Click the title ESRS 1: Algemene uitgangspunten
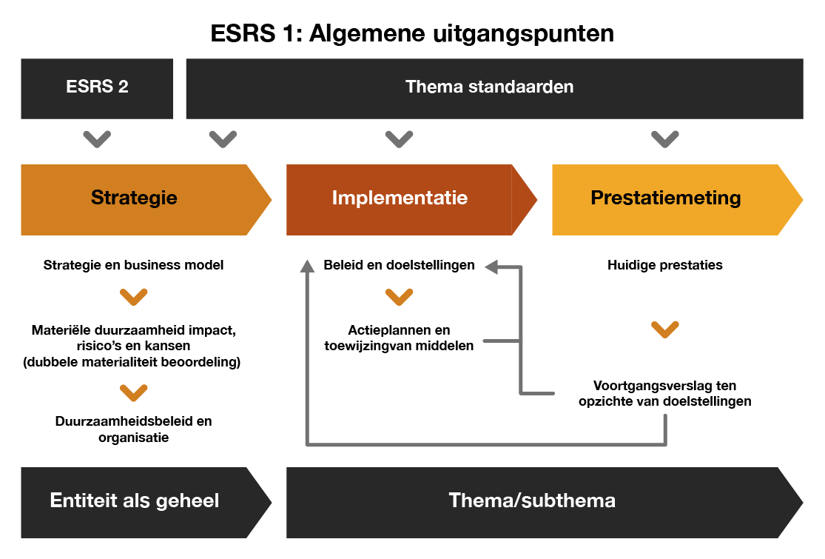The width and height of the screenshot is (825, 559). coord(412,33)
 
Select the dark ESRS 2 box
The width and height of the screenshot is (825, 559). coord(96,87)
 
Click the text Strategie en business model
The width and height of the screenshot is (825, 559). coord(134,265)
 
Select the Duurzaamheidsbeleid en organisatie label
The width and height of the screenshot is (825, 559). coord(134,429)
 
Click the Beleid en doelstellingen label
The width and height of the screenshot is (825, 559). coord(399,265)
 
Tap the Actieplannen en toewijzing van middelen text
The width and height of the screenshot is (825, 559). coord(399,338)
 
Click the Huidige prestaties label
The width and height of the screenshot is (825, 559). coord(664,265)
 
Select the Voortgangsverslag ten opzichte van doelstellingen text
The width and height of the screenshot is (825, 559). coord(664,394)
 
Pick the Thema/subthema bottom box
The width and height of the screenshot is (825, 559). coord(533,501)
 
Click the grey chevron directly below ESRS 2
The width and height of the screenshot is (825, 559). coord(97,138)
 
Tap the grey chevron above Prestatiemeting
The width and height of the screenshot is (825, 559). coord(664,138)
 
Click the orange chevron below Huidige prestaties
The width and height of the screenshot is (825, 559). coord(664,329)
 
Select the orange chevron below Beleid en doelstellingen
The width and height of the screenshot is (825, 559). coord(399,297)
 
